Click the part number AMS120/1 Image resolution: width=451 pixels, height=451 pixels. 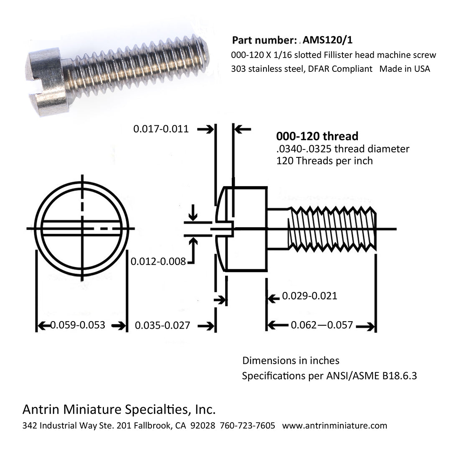pos(330,40)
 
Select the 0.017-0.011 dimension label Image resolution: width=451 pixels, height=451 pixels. pos(161,129)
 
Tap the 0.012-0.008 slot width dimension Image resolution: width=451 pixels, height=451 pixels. pos(158,262)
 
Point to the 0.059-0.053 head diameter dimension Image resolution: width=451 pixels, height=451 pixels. pos(77,325)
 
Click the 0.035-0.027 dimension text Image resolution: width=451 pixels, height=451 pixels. pos(162,326)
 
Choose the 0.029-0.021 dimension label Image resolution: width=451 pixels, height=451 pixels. pos(309,296)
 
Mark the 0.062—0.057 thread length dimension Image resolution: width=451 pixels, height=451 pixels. pos(322,325)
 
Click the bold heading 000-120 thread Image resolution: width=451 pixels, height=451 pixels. pos(317,136)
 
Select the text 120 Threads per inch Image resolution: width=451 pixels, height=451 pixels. pos(324,161)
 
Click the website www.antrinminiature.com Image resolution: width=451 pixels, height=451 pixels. pos(334,426)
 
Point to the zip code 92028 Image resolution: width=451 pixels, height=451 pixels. pos(203,426)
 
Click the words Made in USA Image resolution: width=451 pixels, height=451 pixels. pos(404,69)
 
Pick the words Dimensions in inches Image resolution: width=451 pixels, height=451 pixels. pos(291,360)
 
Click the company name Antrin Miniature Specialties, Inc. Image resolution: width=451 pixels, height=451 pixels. pos(119,409)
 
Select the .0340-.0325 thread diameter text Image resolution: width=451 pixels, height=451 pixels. pos(342,149)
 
